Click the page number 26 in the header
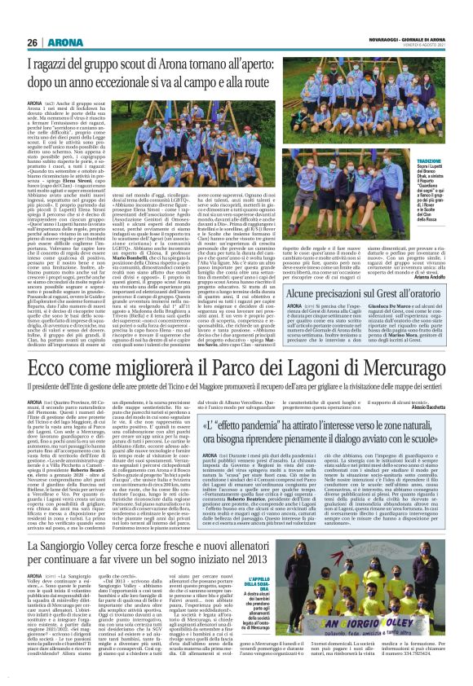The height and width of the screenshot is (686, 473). pyautogui.click(x=33, y=42)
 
